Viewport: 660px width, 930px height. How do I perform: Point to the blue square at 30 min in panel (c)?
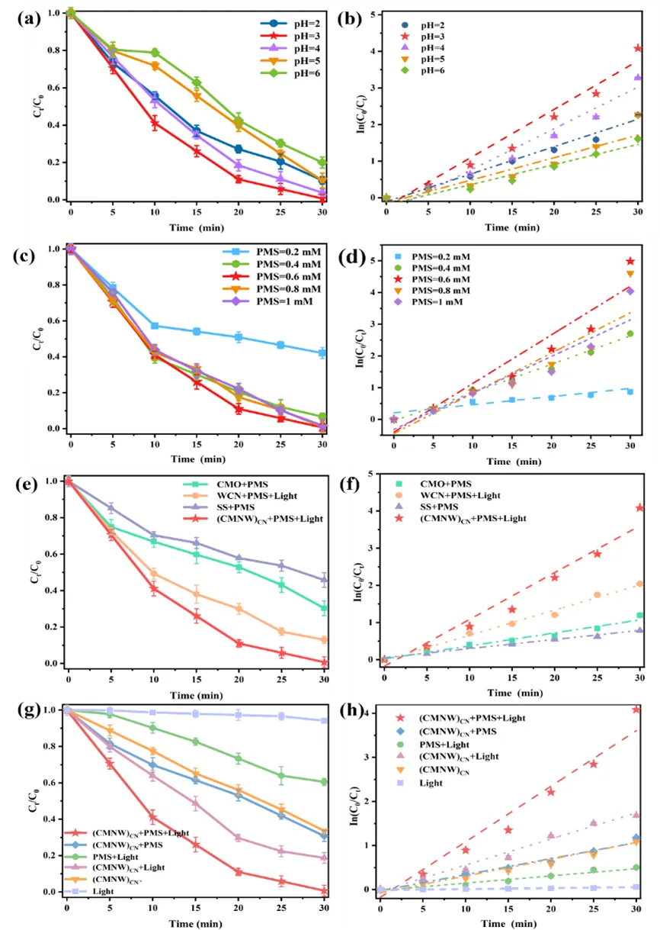pyautogui.click(x=322, y=353)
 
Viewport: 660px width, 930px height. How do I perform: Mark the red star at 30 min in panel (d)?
pyautogui.click(x=630, y=262)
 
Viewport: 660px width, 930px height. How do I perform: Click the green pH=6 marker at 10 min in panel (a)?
pyautogui.click(x=155, y=53)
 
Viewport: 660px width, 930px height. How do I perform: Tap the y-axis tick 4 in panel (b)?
pyautogui.click(x=370, y=52)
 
